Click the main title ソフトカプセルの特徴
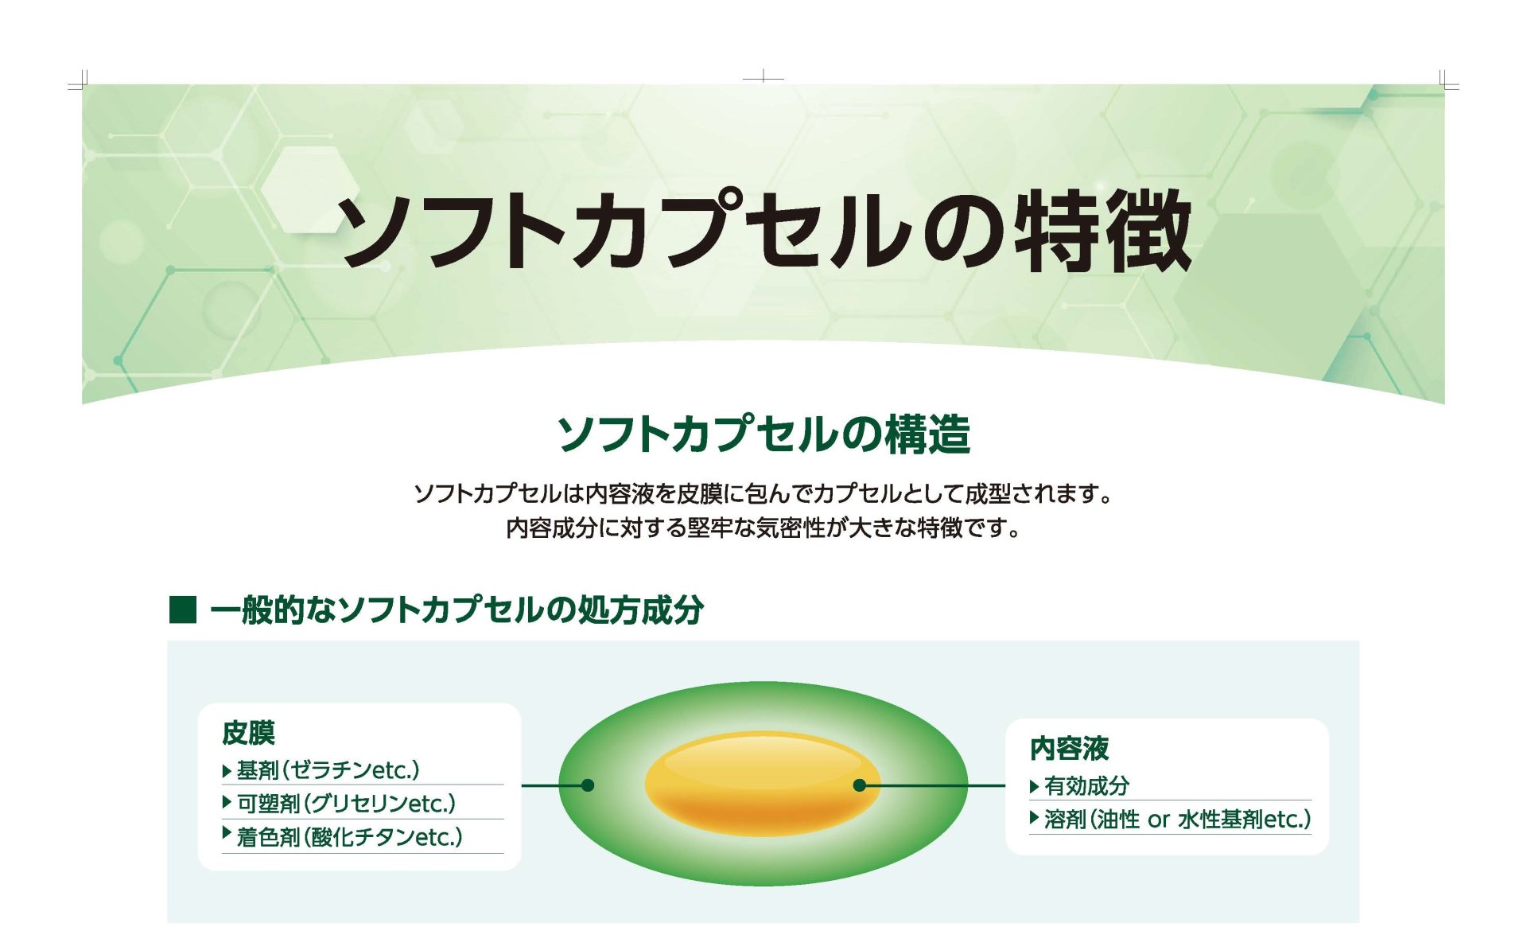[763, 230]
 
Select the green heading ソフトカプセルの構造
[763, 434]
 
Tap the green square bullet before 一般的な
[183, 610]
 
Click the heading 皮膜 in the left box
[248, 733]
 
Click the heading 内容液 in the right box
[1069, 748]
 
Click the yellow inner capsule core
[762, 784]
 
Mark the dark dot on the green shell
[588, 785]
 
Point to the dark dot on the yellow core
[859, 785]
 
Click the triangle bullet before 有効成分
[1034, 786]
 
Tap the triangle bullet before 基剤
[227, 770]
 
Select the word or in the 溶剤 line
[1159, 820]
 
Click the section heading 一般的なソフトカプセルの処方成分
[457, 610]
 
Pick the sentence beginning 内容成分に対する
[763, 528]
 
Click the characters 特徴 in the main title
[1102, 230]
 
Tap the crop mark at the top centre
[763, 78]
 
